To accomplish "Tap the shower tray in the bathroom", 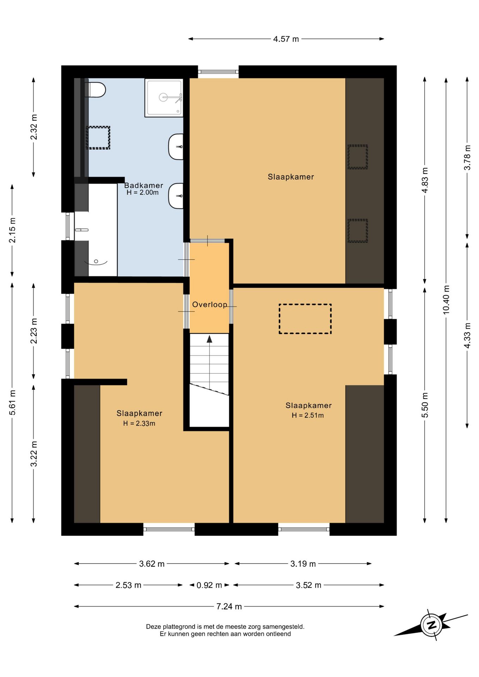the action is [x=164, y=98].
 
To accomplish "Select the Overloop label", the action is [x=210, y=305].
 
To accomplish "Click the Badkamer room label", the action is [x=144, y=185].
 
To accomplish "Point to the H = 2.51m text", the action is [x=308, y=415].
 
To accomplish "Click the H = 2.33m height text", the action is [x=139, y=423].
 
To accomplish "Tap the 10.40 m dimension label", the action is [x=446, y=300].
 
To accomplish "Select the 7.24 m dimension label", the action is [x=229, y=606].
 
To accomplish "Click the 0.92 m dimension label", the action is [x=209, y=585].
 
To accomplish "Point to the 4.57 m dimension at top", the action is [x=286, y=39].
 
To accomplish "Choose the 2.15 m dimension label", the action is [x=12, y=230].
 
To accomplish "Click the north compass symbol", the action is [x=431, y=625].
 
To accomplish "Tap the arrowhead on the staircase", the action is [x=210, y=339].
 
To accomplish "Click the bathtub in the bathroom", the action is [x=96, y=230].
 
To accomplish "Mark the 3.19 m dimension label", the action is [x=303, y=563].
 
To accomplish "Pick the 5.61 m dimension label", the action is [x=12, y=402].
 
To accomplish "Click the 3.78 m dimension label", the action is [x=467, y=157].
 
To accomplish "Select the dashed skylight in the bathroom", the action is [x=98, y=138].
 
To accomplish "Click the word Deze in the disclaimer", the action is [x=153, y=627].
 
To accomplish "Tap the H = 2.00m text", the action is [x=143, y=193].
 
